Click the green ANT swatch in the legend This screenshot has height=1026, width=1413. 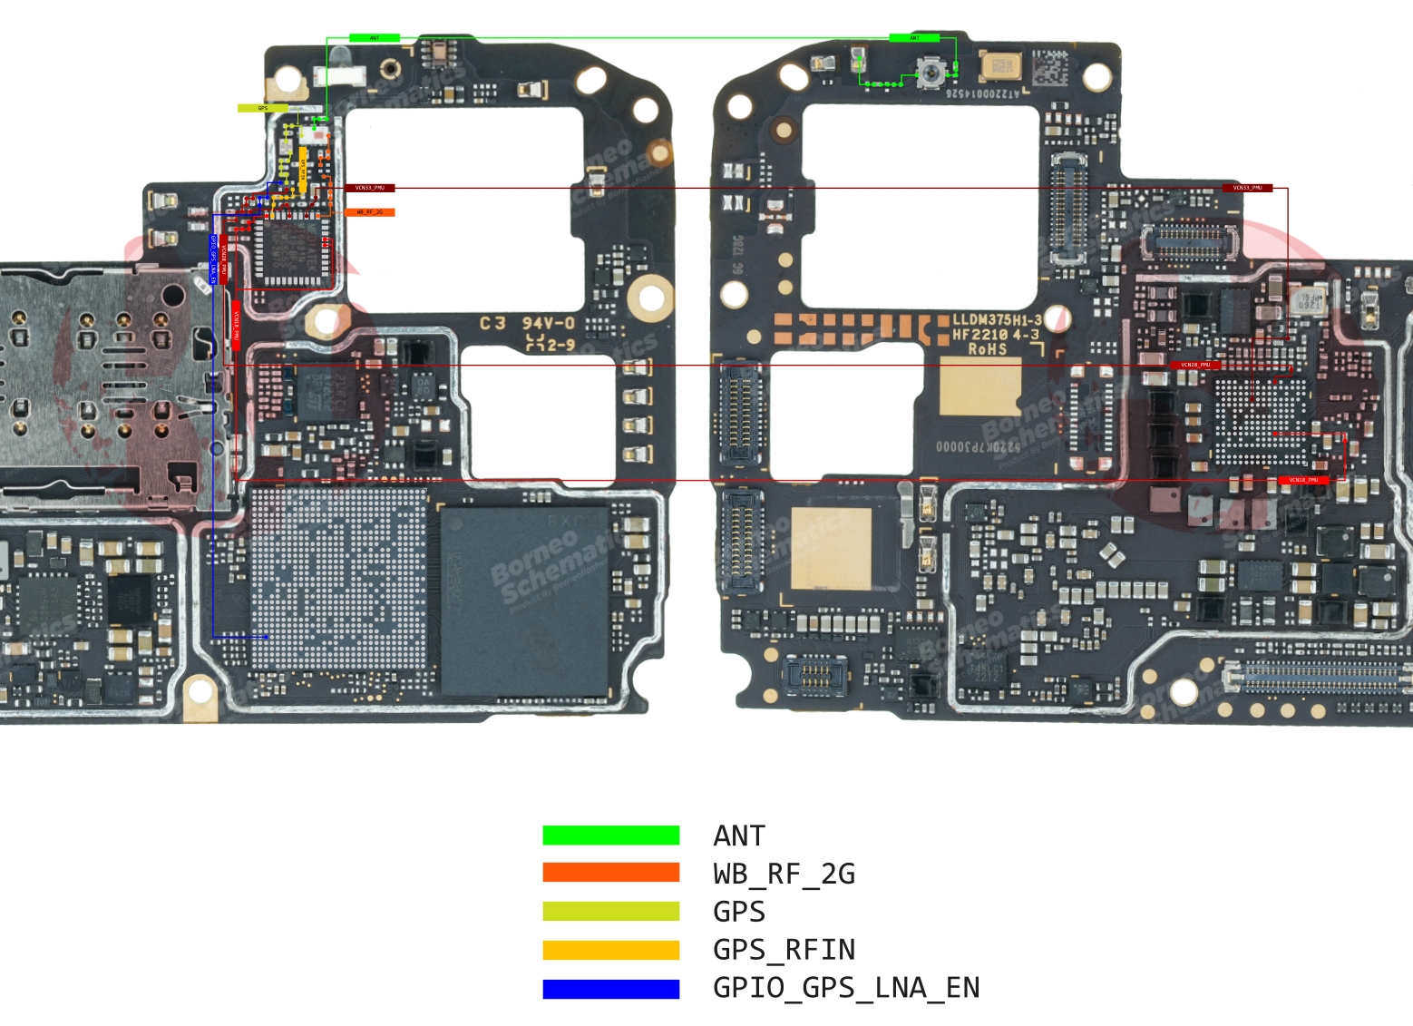tap(610, 835)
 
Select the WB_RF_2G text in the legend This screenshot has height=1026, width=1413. tap(784, 874)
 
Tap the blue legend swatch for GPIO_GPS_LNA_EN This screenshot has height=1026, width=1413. tap(610, 989)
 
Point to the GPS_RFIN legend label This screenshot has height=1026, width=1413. tap(784, 950)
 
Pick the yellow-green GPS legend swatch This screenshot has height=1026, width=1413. tap(610, 912)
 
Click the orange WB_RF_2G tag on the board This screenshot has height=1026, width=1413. tap(370, 212)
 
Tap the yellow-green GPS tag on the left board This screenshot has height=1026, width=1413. tap(262, 108)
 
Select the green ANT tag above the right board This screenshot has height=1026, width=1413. tap(914, 38)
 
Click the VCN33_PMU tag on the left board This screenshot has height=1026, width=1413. tap(370, 188)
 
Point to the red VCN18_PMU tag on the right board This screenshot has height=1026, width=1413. tap(1303, 480)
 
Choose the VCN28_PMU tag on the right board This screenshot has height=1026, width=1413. tap(1195, 365)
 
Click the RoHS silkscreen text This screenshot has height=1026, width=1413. tap(987, 349)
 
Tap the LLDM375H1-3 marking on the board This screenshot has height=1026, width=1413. tap(997, 320)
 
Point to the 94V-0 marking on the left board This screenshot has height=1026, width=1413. tap(548, 324)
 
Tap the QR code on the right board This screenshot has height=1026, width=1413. tap(1049, 67)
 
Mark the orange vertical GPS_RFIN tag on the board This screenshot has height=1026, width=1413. tap(303, 170)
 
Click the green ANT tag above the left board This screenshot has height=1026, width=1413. tap(375, 38)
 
